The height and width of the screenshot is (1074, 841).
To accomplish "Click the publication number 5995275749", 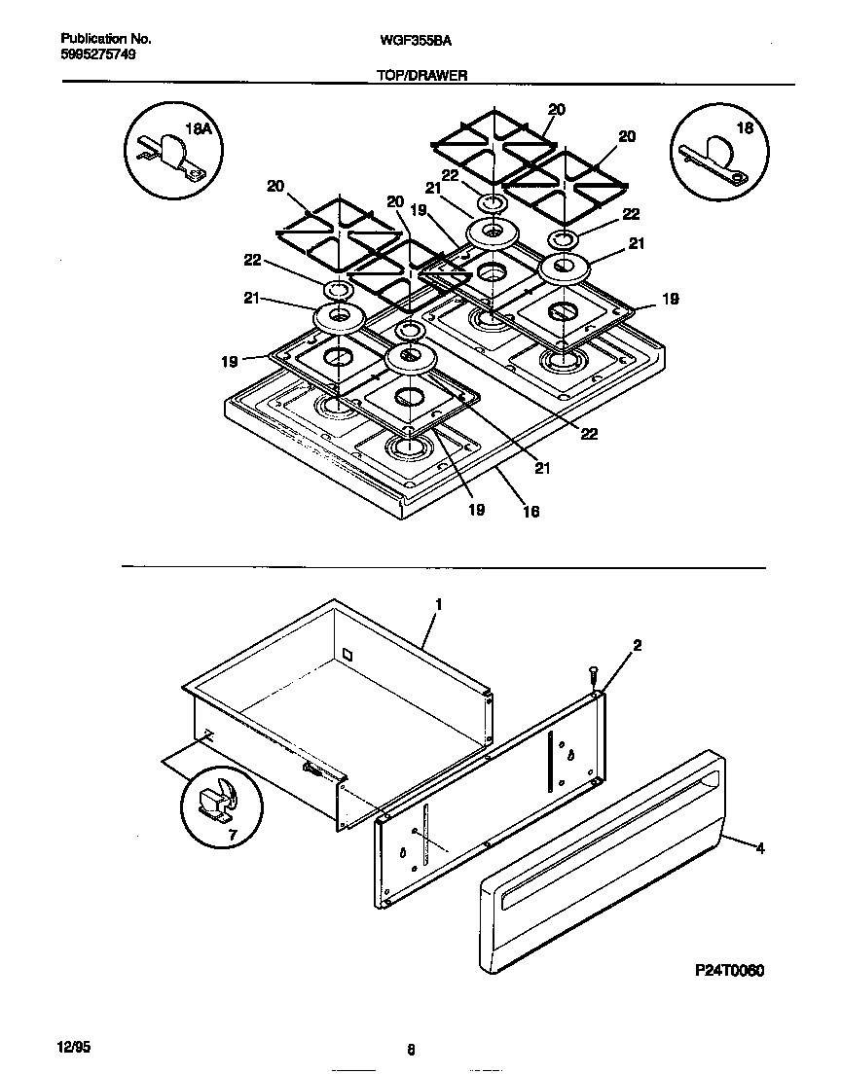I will [x=98, y=54].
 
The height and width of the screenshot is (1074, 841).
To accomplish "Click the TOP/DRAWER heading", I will [x=420, y=73].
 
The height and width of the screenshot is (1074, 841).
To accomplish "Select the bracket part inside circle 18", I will [x=713, y=162].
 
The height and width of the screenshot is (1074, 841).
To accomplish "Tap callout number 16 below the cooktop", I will [x=530, y=511].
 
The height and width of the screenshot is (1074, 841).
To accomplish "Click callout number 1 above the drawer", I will [x=438, y=604].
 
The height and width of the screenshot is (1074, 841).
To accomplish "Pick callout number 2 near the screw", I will [x=638, y=645].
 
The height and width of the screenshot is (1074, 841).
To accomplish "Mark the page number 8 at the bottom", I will [x=411, y=1050].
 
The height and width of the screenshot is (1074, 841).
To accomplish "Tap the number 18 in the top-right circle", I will [x=746, y=127].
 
